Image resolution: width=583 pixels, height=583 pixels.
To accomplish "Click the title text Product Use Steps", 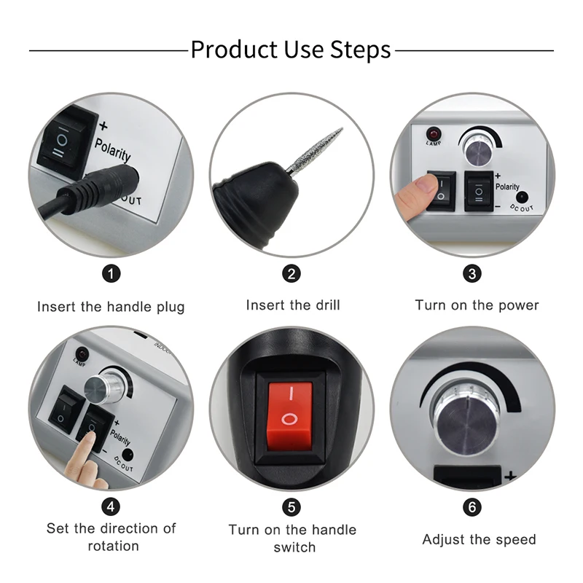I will point(291,50).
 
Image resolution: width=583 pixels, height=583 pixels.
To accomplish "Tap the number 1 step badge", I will point(111,274).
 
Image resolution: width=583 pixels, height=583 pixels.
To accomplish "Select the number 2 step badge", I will point(291,274).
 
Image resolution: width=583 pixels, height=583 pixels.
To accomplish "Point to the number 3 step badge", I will point(472,274).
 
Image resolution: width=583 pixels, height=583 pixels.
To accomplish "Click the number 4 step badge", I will point(111,505).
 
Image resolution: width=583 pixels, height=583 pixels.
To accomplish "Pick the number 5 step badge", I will point(291,505).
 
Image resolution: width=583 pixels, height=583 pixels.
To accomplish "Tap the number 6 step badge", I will point(472,506).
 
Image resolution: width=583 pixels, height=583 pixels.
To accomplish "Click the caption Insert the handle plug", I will point(111,307).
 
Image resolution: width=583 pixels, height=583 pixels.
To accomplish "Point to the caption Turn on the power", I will point(477,305).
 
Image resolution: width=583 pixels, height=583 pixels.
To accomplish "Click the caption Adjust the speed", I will point(479,540).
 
